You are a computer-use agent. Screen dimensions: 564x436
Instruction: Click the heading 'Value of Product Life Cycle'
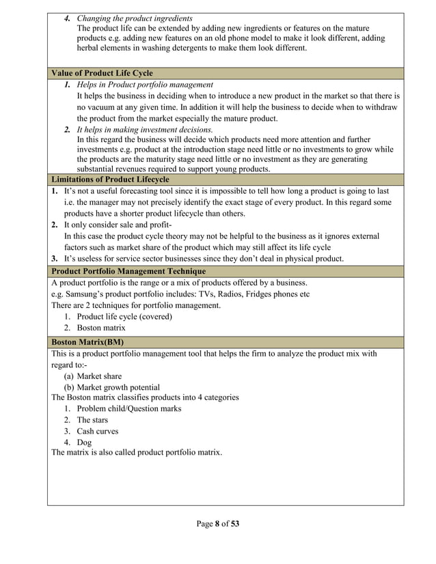tap(102, 73)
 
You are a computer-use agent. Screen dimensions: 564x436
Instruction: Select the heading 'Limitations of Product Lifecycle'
tap(110, 180)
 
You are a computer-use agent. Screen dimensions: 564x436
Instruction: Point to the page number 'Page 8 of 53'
tap(218, 524)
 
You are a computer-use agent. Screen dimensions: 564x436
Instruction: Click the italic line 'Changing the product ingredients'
tap(134, 18)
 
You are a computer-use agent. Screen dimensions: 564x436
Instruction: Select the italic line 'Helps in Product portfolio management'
tap(145, 85)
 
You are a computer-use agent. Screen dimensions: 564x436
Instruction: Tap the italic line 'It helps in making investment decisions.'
tap(145, 129)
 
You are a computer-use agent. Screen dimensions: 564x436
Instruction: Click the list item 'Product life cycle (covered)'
tap(124, 317)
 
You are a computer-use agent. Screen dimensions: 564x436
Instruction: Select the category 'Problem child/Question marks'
tap(128, 408)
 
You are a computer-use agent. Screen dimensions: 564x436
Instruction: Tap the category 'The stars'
tap(92, 420)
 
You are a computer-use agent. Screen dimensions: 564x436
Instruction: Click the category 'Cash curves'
tap(97, 431)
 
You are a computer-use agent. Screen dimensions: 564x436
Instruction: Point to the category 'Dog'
tap(84, 442)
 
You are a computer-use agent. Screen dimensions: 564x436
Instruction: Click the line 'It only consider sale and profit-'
tap(118, 225)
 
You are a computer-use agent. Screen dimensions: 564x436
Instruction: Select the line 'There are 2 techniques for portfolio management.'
tap(136, 305)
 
